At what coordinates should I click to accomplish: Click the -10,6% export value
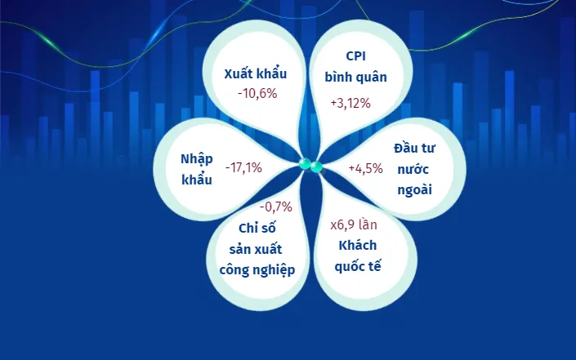coord(257,94)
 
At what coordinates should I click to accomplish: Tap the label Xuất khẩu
coord(255,73)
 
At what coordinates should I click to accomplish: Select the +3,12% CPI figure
coord(351,103)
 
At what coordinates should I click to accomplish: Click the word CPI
coord(355,56)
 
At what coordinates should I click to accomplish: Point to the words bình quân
coord(355,77)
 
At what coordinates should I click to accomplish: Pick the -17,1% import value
coord(243,168)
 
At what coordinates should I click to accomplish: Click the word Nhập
coord(197,159)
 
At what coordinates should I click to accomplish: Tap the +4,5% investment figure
coord(365,168)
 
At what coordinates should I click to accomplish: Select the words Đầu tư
coord(414,149)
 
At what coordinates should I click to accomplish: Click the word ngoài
coord(414,190)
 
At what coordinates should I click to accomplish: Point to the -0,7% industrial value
coord(276,207)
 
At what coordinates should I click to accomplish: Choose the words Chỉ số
coord(257,228)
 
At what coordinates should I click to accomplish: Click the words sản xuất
coord(255,249)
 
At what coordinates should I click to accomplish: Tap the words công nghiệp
coord(257,270)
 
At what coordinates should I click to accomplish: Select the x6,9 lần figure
coord(354,224)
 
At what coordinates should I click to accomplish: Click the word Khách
coord(357,245)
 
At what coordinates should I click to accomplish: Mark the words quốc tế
coord(357,266)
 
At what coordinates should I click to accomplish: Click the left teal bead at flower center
coord(305,163)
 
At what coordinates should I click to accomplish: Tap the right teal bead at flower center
coord(316,167)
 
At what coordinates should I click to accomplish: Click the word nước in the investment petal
coord(413,170)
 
